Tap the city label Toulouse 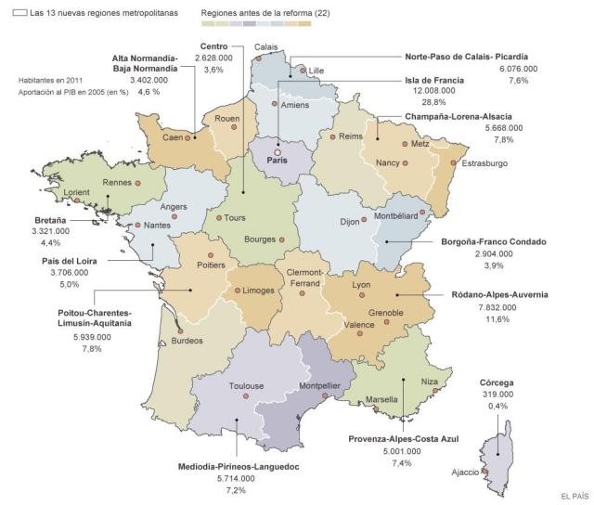tap(247, 386)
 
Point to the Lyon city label tap(362, 284)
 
